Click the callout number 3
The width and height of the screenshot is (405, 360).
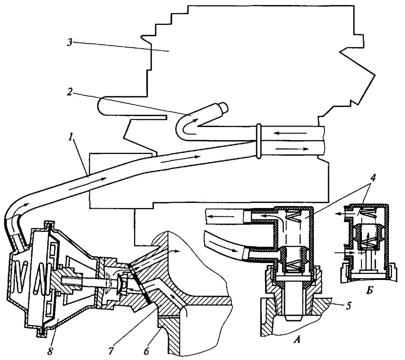click(69, 43)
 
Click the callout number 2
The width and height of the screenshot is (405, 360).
click(69, 93)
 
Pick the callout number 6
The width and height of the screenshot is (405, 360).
click(146, 351)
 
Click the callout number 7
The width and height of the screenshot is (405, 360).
click(111, 351)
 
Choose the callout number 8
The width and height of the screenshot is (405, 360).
click(50, 351)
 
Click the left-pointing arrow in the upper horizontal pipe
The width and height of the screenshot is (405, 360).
click(290, 133)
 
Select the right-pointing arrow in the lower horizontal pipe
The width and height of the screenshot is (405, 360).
click(292, 149)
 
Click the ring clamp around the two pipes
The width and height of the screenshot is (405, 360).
click(259, 141)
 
